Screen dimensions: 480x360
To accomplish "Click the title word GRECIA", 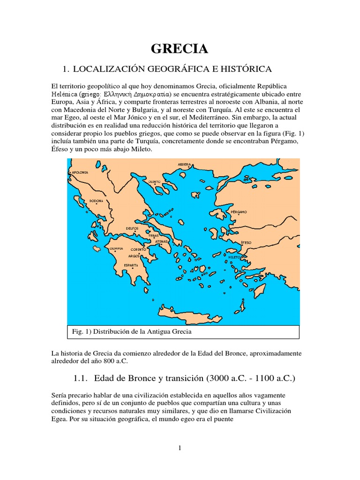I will tap(180, 49).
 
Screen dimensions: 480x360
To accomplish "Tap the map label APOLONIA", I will tap(80, 172).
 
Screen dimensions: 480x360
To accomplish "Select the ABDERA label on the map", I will tap(184, 165).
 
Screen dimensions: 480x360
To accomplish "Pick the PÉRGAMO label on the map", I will tap(239, 212).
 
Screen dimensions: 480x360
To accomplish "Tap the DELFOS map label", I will tap(132, 228).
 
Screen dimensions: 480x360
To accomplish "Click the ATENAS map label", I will tap(161, 241).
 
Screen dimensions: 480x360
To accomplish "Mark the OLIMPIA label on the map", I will tap(116, 248).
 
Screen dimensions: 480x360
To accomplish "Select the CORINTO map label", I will tap(138, 250).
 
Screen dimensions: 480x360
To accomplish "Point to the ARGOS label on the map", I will tap(135, 257).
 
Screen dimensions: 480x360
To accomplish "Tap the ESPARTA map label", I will tap(131, 265).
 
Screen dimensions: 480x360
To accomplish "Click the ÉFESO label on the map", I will tap(246, 242).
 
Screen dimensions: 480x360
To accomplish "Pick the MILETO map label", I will tap(234, 257).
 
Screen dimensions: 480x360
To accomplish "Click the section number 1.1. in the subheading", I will tap(81, 378).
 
